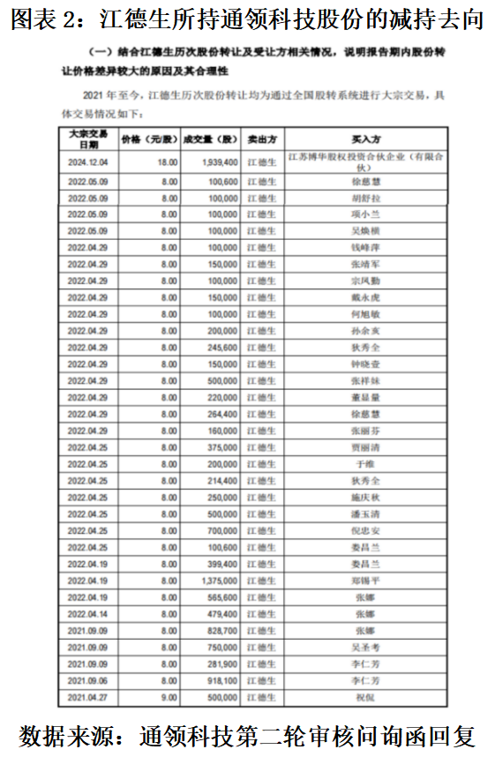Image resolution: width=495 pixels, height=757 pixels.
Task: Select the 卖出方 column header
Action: pyautogui.click(x=261, y=139)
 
